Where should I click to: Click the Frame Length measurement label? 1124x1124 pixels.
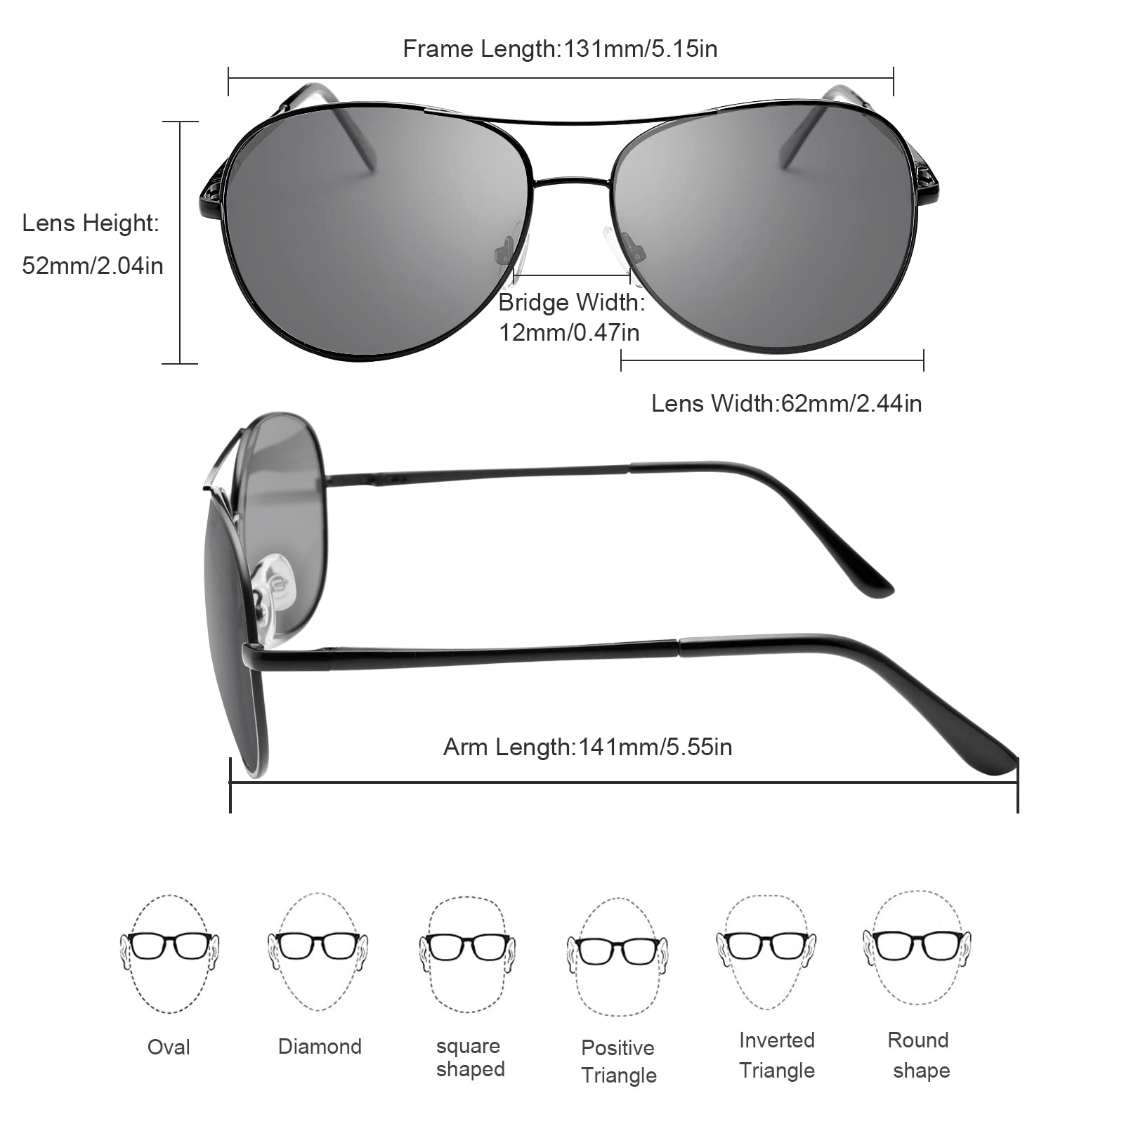pyautogui.click(x=560, y=49)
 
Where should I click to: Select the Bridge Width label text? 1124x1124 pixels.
pyautogui.click(x=571, y=317)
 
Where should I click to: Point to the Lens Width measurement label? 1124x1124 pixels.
pyautogui.click(x=786, y=403)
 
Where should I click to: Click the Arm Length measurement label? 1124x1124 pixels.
pyautogui.click(x=587, y=747)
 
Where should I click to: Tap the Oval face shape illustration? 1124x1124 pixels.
pyautogui.click(x=169, y=953)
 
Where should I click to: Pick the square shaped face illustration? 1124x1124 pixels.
pyautogui.click(x=467, y=954)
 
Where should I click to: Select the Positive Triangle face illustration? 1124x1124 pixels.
pyautogui.click(x=617, y=957)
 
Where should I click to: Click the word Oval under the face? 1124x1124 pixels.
pyautogui.click(x=169, y=1047)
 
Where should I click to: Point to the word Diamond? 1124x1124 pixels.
pyautogui.click(x=320, y=1046)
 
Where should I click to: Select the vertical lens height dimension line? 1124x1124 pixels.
pyautogui.click(x=181, y=242)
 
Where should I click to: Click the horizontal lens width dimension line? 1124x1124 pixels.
pyautogui.click(x=772, y=361)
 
